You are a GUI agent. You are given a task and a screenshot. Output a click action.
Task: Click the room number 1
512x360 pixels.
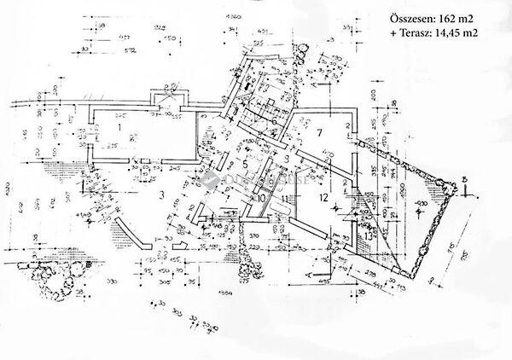(121, 129)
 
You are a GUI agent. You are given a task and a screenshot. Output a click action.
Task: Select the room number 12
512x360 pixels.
(323, 197)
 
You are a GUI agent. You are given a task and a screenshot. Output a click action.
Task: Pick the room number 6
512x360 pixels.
(272, 121)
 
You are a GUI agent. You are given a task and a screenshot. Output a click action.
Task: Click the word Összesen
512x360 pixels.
(410, 18)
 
